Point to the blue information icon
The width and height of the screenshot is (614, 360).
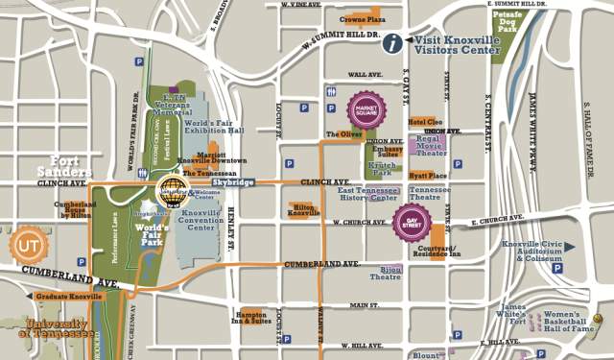coord(391,42)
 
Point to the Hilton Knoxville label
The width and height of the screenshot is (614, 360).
coord(304,209)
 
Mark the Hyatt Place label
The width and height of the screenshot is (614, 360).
coord(428,176)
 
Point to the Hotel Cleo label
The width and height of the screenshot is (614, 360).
coord(425,122)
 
